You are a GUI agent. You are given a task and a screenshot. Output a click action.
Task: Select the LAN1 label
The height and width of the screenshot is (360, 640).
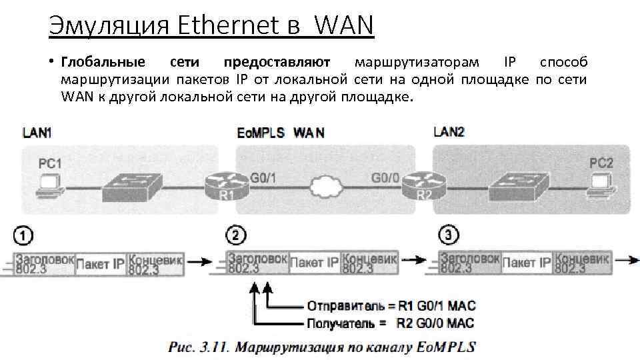click(37, 132)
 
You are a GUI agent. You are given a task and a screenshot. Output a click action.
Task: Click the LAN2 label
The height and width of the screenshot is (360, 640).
click(449, 131)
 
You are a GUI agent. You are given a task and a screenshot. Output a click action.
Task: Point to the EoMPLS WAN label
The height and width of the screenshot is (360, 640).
click(281, 133)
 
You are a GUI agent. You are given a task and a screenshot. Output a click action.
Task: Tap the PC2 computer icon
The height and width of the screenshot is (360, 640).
click(601, 181)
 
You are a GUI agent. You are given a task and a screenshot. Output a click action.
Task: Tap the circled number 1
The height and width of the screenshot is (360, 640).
click(24, 235)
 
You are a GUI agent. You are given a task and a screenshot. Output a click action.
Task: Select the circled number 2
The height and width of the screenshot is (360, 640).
click(238, 235)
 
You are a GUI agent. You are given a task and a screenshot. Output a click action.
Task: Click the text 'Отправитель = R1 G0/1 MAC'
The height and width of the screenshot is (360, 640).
click(391, 306)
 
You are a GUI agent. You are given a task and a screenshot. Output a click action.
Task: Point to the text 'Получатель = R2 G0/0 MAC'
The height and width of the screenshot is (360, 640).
click(389, 323)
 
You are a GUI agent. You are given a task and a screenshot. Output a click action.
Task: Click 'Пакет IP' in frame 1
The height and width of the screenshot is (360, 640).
click(100, 264)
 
